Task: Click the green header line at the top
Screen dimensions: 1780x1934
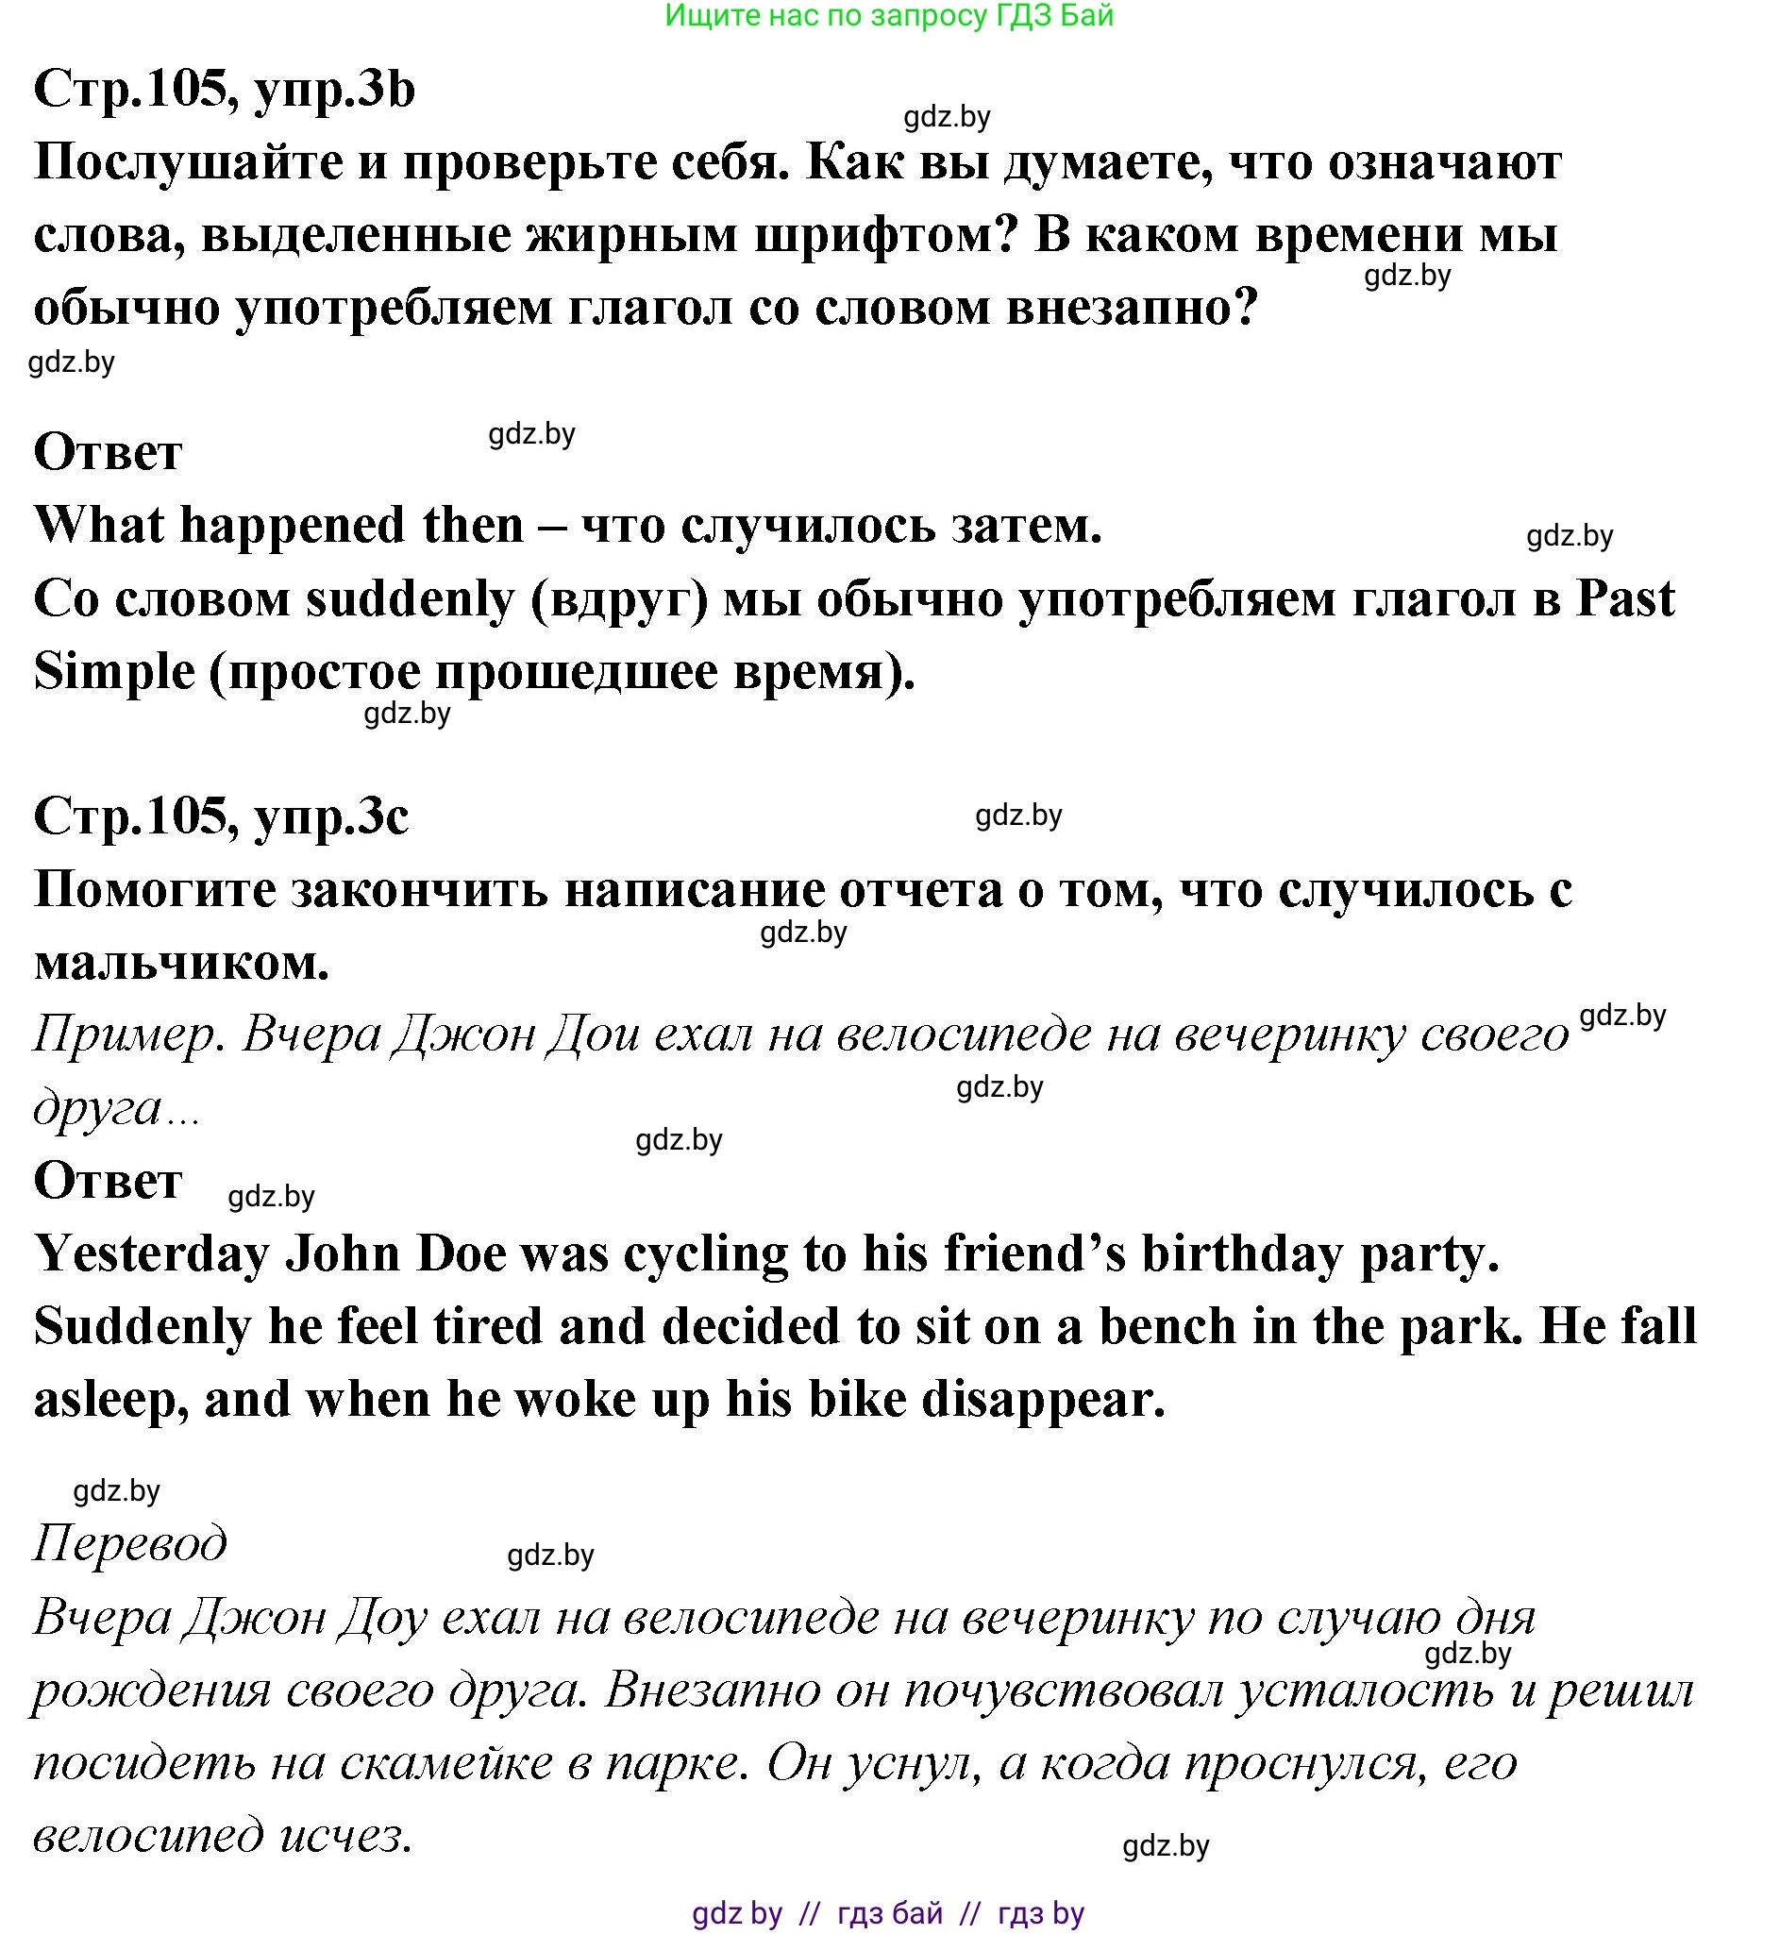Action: [888, 15]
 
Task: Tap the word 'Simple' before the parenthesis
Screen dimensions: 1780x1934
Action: [114, 671]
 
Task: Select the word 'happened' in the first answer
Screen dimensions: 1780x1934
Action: [292, 525]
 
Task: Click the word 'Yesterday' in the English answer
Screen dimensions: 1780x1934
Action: [151, 1253]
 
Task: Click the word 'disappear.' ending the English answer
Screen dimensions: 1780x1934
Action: [1044, 1400]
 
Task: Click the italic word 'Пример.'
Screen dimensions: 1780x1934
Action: [129, 1034]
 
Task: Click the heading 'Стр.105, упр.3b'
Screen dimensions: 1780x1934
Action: [225, 89]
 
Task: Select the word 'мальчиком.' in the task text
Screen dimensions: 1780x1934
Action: [181, 961]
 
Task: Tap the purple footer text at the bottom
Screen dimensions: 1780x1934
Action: [888, 1913]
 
